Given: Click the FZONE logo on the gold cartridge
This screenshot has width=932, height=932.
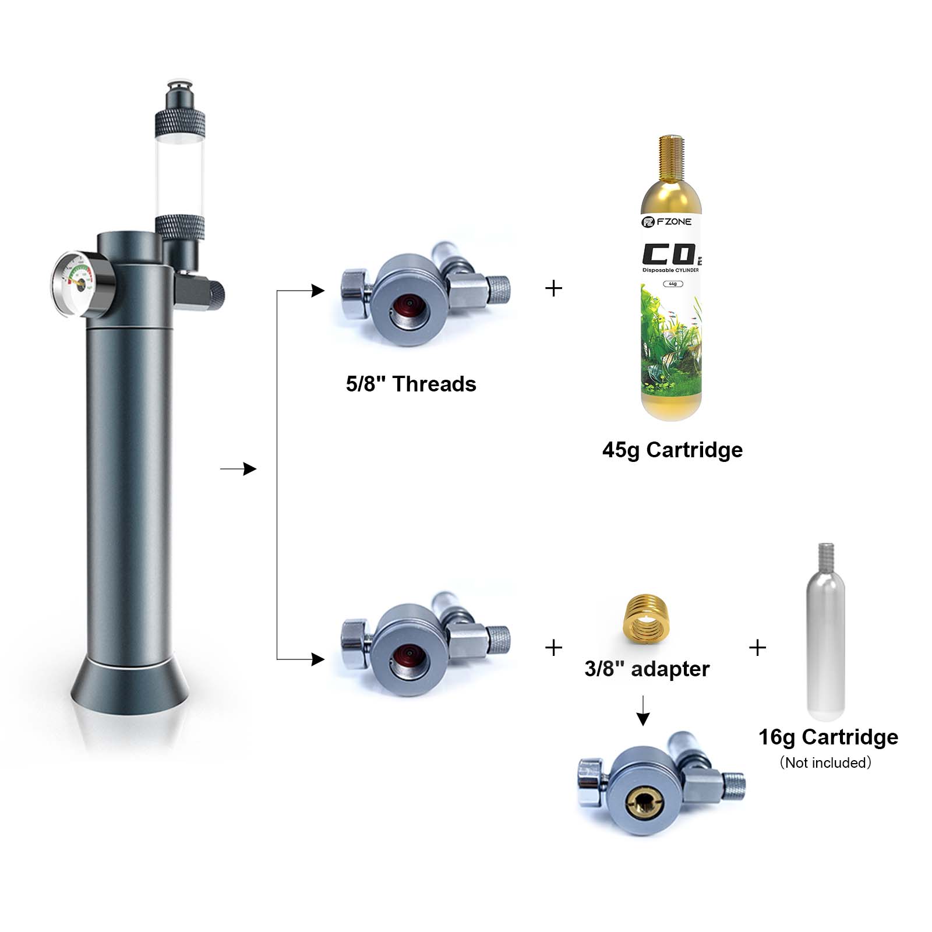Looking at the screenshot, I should coord(667,222).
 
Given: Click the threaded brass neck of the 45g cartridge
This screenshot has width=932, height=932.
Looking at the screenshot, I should coord(671,157).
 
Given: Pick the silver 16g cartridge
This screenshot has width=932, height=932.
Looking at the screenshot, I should coord(825,635).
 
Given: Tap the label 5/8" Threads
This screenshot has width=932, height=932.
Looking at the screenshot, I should coord(411,384).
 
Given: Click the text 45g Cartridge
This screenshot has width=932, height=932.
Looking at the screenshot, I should coord(672,450).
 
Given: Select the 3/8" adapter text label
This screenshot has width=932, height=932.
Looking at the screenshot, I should coord(647,669).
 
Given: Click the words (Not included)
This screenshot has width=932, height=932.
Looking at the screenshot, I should coord(825,763).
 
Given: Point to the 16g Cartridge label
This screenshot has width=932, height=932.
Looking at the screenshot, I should coord(828,737).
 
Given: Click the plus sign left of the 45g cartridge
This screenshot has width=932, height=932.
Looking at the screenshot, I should coord(554,288).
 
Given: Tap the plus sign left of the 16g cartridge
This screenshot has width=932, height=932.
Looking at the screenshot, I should coord(757,648).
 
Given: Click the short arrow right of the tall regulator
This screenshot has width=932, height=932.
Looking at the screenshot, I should coord(238,469).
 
